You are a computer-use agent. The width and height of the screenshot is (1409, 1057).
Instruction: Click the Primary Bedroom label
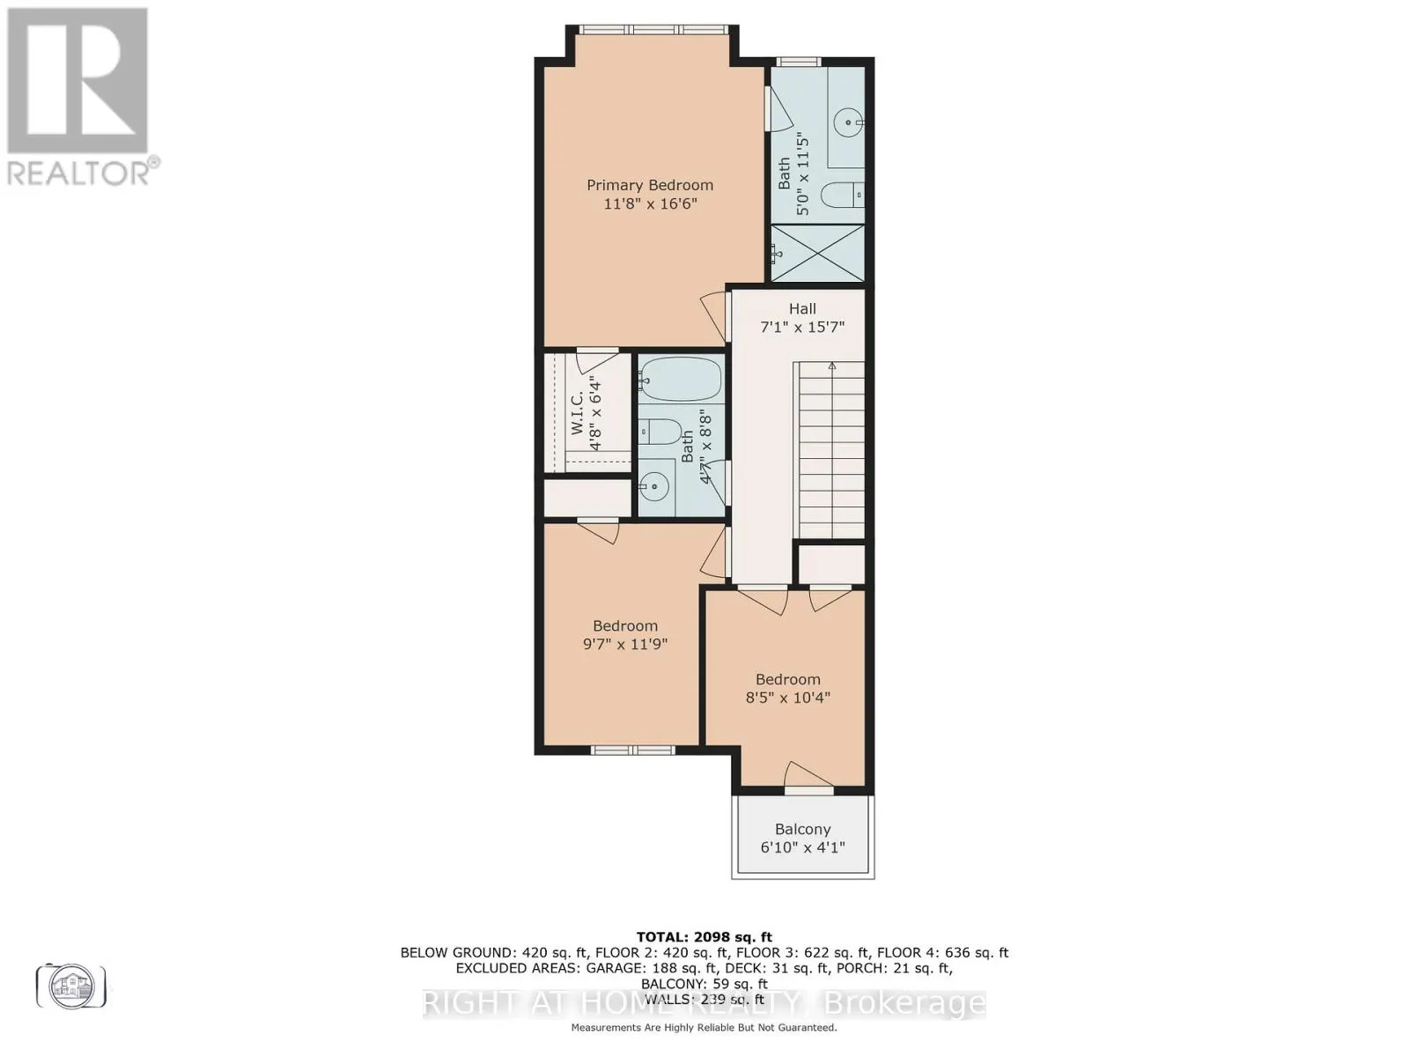pyautogui.click(x=650, y=185)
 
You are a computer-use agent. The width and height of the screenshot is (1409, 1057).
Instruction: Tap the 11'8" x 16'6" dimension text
pyautogui.click(x=650, y=203)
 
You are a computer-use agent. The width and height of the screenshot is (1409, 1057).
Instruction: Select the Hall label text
pyautogui.click(x=802, y=308)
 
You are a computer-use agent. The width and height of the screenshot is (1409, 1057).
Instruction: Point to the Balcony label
pyautogui.click(x=802, y=829)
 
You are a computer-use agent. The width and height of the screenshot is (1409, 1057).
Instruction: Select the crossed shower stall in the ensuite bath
pyautogui.click(x=817, y=254)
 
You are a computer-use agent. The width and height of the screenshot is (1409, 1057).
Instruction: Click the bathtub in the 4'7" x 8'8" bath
pyautogui.click(x=680, y=380)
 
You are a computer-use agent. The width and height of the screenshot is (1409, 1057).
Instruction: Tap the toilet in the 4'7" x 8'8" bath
pyautogui.click(x=660, y=432)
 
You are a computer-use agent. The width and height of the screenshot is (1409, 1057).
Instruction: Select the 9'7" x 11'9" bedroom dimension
pyautogui.click(x=625, y=644)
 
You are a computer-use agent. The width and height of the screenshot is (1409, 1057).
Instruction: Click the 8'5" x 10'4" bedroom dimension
pyautogui.click(x=787, y=698)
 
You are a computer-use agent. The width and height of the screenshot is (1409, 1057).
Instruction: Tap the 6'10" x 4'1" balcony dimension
pyautogui.click(x=802, y=847)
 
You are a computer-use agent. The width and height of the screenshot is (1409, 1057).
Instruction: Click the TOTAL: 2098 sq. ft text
pyautogui.click(x=704, y=936)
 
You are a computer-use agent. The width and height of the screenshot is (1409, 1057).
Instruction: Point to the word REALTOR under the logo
pyautogui.click(x=79, y=172)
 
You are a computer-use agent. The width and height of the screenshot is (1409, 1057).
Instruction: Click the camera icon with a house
pyautogui.click(x=71, y=986)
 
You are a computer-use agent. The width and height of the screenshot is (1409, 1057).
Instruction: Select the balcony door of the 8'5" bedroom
pyautogui.click(x=808, y=788)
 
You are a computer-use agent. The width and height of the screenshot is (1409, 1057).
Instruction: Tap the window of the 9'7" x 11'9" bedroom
pyautogui.click(x=632, y=750)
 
